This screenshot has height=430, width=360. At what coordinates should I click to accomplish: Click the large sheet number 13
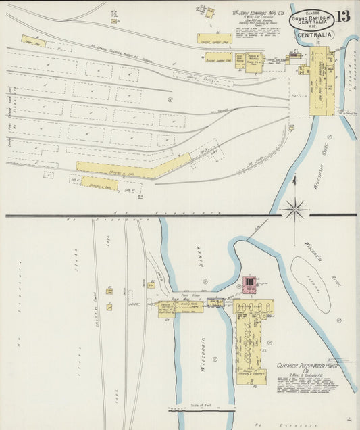[343, 16]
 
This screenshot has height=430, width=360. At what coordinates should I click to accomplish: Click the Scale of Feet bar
[203, 409]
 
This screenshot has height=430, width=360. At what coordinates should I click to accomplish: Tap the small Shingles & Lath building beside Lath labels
[99, 183]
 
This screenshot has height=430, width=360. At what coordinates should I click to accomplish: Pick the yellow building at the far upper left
[32, 41]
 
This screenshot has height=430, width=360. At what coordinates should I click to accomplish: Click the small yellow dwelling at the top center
[209, 12]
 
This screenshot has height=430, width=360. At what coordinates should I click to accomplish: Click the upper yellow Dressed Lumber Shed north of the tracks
[214, 39]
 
